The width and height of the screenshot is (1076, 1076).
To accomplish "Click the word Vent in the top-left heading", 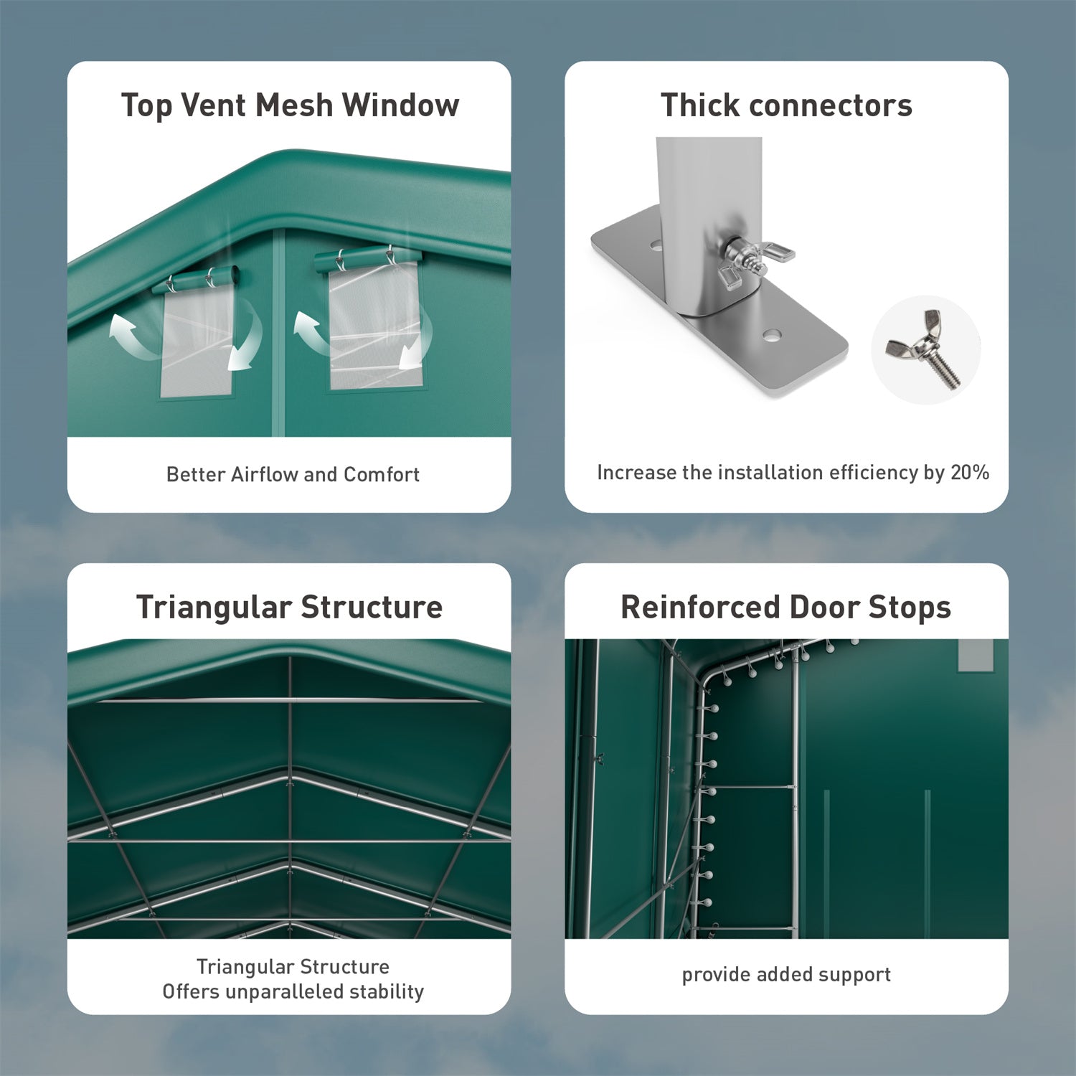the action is tap(214, 105).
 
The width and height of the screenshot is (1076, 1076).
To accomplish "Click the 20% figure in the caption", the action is tap(970, 473).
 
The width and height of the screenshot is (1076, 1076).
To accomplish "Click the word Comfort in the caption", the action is tap(382, 474).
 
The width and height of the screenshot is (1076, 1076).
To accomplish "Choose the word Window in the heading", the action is tap(400, 105).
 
